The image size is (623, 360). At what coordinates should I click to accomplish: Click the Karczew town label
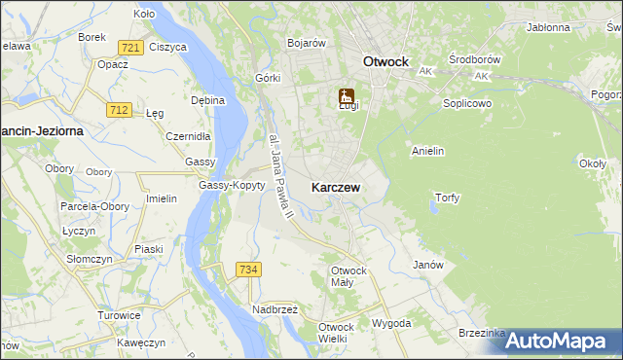(339, 187)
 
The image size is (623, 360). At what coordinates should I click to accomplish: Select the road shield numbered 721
(129, 48)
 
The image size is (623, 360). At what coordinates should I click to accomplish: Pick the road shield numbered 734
(248, 269)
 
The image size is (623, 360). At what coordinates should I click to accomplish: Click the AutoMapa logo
(559, 341)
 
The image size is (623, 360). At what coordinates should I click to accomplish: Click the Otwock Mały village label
(348, 275)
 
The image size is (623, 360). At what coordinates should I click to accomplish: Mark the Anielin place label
(428, 151)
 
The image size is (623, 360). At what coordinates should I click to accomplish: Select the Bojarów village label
(306, 43)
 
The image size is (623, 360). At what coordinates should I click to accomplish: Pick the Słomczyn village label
(83, 260)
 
